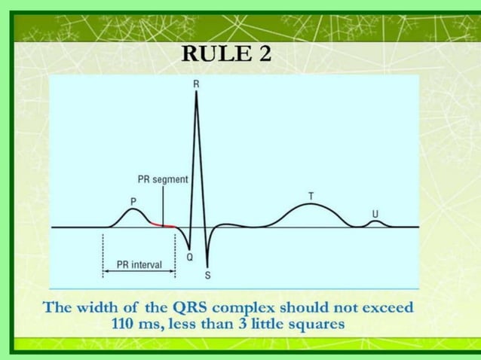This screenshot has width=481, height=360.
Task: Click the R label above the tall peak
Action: point(196,84)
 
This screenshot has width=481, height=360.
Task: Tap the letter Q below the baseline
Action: point(189,257)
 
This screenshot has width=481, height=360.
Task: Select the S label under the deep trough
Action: point(207,275)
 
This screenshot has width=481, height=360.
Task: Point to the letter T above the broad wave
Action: point(311,196)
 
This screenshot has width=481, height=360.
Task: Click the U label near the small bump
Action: point(375,213)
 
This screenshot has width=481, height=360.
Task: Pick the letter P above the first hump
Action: point(133,201)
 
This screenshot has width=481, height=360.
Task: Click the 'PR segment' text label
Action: point(162,180)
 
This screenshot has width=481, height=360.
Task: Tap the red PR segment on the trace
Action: point(163,224)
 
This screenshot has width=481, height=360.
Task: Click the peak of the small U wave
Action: point(375,221)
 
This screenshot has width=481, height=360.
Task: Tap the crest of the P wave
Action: point(132,209)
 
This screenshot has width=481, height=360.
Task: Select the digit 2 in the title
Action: point(265,54)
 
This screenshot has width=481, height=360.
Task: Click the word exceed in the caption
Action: point(384,308)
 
